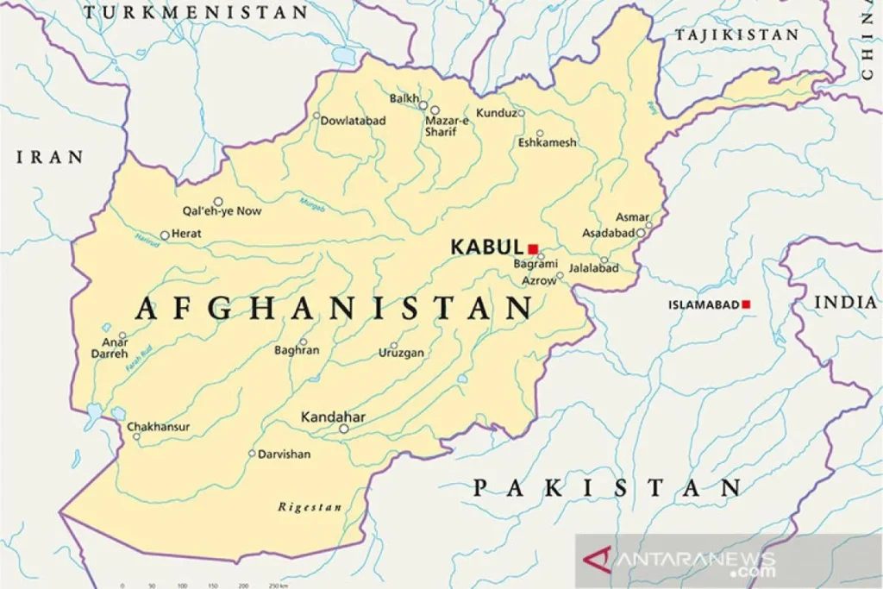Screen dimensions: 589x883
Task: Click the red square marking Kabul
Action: (533, 248)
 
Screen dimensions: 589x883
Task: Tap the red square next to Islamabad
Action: (746, 304)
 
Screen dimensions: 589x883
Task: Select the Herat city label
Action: (186, 234)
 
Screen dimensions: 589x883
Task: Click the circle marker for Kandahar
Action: (343, 429)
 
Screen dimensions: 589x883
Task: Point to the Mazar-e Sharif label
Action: (447, 127)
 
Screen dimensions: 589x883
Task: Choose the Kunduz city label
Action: (496, 113)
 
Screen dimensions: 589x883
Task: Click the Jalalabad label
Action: (594, 268)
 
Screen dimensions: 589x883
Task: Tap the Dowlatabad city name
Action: (353, 121)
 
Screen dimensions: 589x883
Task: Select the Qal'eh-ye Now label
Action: (222, 211)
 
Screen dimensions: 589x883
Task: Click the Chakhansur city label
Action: (159, 427)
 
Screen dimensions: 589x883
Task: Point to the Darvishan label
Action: (285, 454)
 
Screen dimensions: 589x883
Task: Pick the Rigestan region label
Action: (310, 507)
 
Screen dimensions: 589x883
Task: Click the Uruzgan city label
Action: (401, 354)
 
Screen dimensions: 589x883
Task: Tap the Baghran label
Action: (297, 350)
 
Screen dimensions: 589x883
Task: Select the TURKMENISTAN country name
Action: (196, 12)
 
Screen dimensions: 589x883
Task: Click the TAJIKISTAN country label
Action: (737, 35)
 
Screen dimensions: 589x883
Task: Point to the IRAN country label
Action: (51, 157)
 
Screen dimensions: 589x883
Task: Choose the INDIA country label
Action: (845, 302)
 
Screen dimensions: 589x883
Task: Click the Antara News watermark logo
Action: (681, 561)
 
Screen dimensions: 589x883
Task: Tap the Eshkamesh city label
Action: (547, 142)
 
